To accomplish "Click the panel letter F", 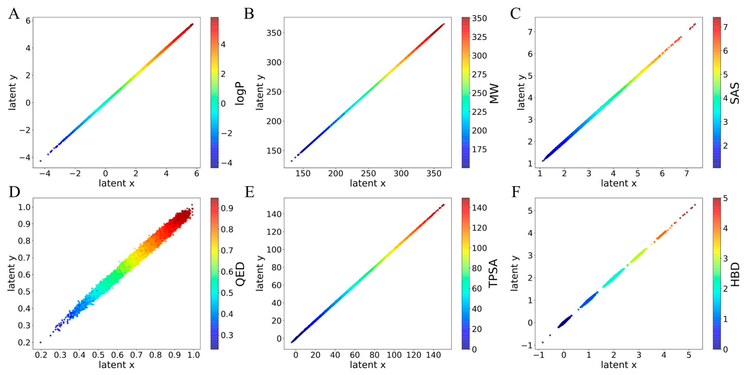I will point(516,192).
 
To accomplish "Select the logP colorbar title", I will point(240,93).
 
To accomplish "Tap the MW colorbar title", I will point(494,93).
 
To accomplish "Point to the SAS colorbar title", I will point(735,93).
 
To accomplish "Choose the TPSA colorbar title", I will point(493,273).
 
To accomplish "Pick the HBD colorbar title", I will point(735,274).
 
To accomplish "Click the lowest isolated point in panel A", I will point(40,161).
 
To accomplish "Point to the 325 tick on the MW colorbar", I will point(479,37).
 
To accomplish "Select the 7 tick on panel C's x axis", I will point(686,174).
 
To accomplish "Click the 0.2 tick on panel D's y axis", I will point(24,342).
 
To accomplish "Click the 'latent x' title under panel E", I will point(367,365).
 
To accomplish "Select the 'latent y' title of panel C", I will point(521,92).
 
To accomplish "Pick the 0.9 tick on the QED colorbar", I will point(227,208).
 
